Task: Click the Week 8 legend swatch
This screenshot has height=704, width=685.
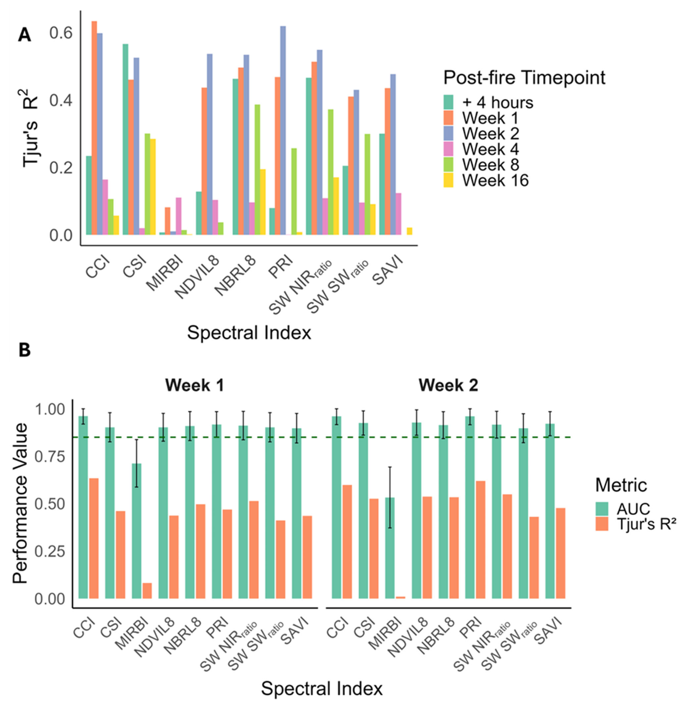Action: click(x=448, y=165)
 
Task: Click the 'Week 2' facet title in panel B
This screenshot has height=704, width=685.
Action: click(x=448, y=386)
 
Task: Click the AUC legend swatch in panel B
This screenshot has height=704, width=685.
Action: click(x=602, y=509)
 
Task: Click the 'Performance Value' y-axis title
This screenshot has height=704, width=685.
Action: click(x=20, y=504)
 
